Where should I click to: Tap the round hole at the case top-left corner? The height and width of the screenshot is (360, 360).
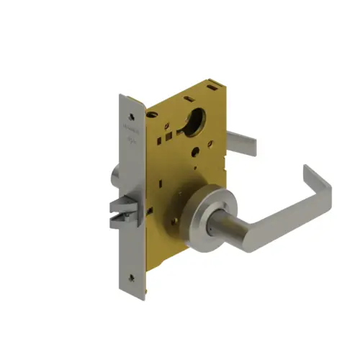pyautogui.click(x=153, y=114)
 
